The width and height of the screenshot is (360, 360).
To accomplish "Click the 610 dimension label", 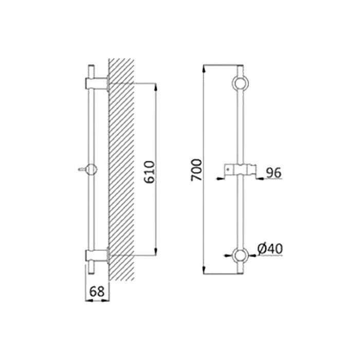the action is click(150, 172).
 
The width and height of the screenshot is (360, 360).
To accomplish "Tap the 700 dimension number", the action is click(196, 170).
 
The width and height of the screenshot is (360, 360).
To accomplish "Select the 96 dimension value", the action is click(274, 173).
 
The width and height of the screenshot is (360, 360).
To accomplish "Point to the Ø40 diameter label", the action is click(270, 249).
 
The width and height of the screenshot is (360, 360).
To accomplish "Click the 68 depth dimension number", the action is click(97, 292).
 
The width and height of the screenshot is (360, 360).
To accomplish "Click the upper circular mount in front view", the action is click(240, 83).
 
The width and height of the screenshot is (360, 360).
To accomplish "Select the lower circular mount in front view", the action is click(240, 255).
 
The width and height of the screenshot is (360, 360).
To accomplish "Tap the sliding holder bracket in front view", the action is click(240, 170).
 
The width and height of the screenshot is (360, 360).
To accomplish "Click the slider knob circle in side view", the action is click(92, 170).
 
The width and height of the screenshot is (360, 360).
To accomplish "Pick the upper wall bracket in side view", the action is click(97, 83).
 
